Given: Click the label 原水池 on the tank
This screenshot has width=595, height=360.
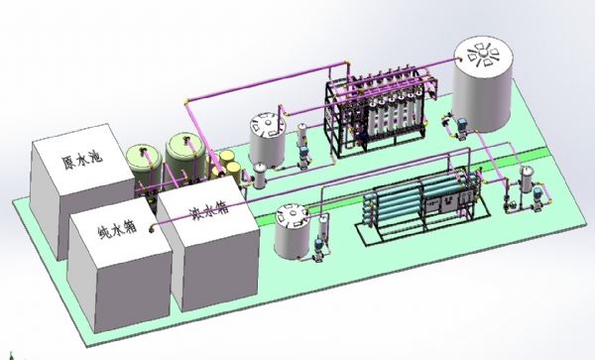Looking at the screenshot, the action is pyautogui.click(x=82, y=160).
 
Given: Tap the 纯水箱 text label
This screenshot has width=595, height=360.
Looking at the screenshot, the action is pyautogui.click(x=117, y=229).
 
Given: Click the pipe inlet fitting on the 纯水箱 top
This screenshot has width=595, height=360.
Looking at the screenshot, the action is pyautogui.click(x=152, y=229).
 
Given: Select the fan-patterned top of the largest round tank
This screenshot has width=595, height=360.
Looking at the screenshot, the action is pyautogui.click(x=484, y=55).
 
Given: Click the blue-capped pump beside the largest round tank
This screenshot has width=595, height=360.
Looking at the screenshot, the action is pyautogui.click(x=461, y=129).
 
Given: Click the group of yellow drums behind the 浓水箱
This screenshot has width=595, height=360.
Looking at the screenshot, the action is pyautogui.click(x=225, y=166).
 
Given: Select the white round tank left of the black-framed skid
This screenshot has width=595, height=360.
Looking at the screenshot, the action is pyautogui.click(x=268, y=140).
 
